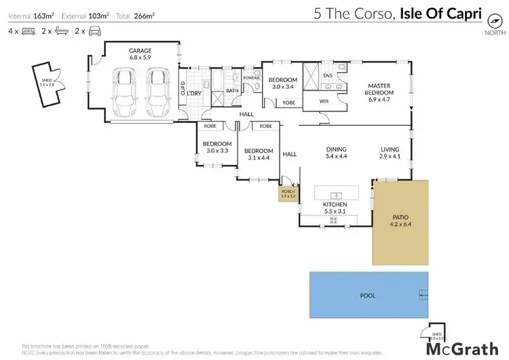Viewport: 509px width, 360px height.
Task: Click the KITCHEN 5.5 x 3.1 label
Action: (x=335, y=208)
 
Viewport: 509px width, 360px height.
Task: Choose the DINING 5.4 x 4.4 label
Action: (x=337, y=153)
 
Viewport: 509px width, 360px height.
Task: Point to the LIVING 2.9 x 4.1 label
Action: (x=390, y=153)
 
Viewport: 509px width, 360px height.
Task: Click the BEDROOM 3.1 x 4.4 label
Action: (x=259, y=154)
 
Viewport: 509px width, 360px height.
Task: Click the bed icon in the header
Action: (x=28, y=31)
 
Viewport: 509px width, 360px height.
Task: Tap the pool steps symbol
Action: (x=423, y=293)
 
